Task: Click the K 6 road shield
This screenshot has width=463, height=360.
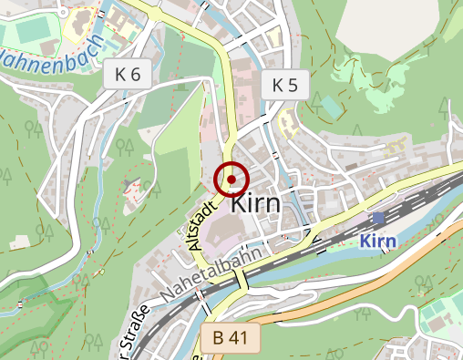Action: (128, 75)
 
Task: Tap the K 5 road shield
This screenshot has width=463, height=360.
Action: (284, 86)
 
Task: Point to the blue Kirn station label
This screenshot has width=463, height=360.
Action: (380, 242)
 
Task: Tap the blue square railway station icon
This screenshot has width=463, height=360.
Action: (378, 219)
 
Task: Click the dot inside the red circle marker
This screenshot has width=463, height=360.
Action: (231, 180)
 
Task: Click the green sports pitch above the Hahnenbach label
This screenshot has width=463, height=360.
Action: (35, 30)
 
